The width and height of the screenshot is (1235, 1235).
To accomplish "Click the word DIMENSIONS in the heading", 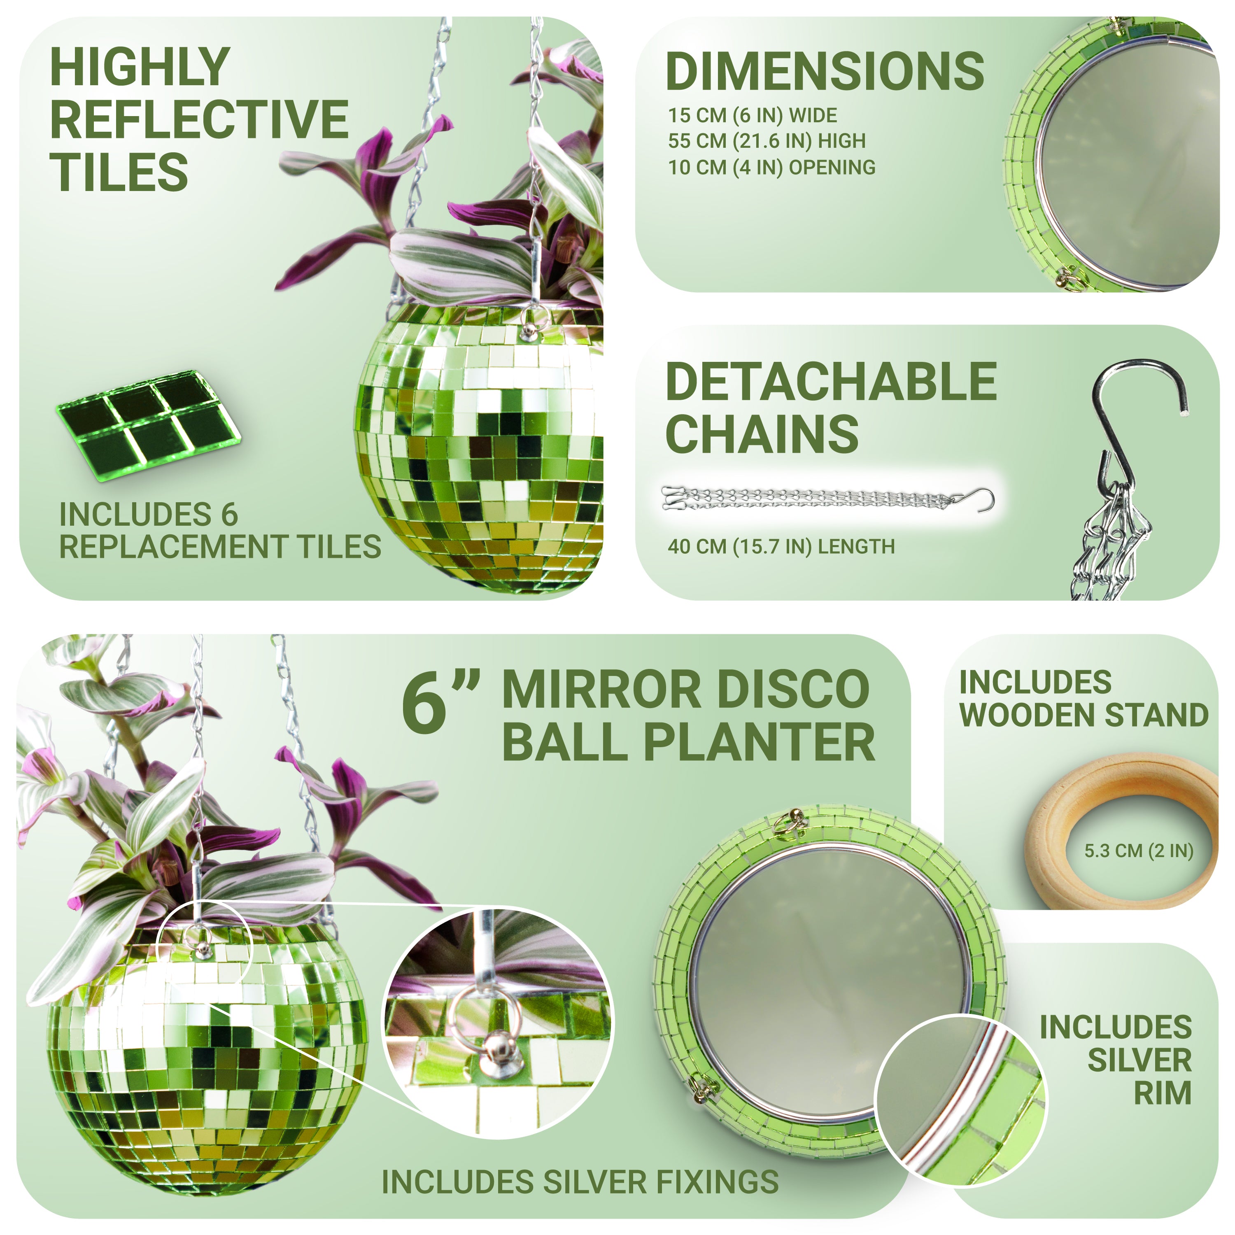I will [x=825, y=72].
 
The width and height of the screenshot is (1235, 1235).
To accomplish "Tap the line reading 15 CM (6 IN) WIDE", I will [x=753, y=116].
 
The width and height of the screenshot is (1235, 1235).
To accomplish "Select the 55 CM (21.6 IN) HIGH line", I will [x=767, y=141].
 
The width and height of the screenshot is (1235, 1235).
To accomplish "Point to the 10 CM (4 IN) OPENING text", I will [x=771, y=168].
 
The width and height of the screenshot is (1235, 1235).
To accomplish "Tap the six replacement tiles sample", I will [x=148, y=424].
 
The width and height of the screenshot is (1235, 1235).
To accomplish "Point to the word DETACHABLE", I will [x=831, y=382].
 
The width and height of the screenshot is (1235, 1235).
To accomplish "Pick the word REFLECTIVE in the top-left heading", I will [x=199, y=119].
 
